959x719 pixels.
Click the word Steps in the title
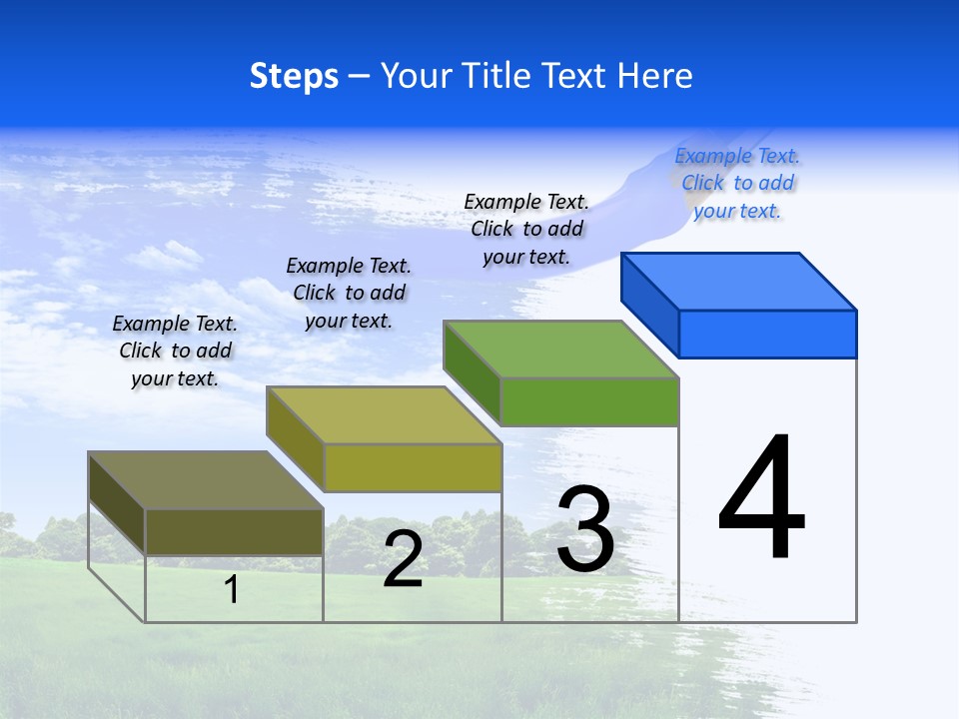pos(294,76)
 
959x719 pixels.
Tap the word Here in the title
pos(654,76)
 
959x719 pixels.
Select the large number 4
pos(761,497)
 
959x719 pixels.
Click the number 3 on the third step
pos(585,529)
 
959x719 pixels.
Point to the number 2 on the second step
pos(403,559)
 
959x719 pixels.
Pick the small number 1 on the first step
pos(231,589)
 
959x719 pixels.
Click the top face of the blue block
pos(739,281)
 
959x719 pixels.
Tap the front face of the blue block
pos(767,334)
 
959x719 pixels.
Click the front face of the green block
pos(589,401)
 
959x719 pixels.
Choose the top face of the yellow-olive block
pos(384,414)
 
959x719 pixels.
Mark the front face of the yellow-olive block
pos(413,467)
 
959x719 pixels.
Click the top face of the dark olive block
pos(206,479)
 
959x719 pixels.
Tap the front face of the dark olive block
pos(234,531)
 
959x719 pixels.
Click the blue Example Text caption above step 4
pos(737,183)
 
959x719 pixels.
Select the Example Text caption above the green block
pos(526,229)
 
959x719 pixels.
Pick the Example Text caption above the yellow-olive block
pos(349,293)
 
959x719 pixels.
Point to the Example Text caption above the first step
pos(175,351)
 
